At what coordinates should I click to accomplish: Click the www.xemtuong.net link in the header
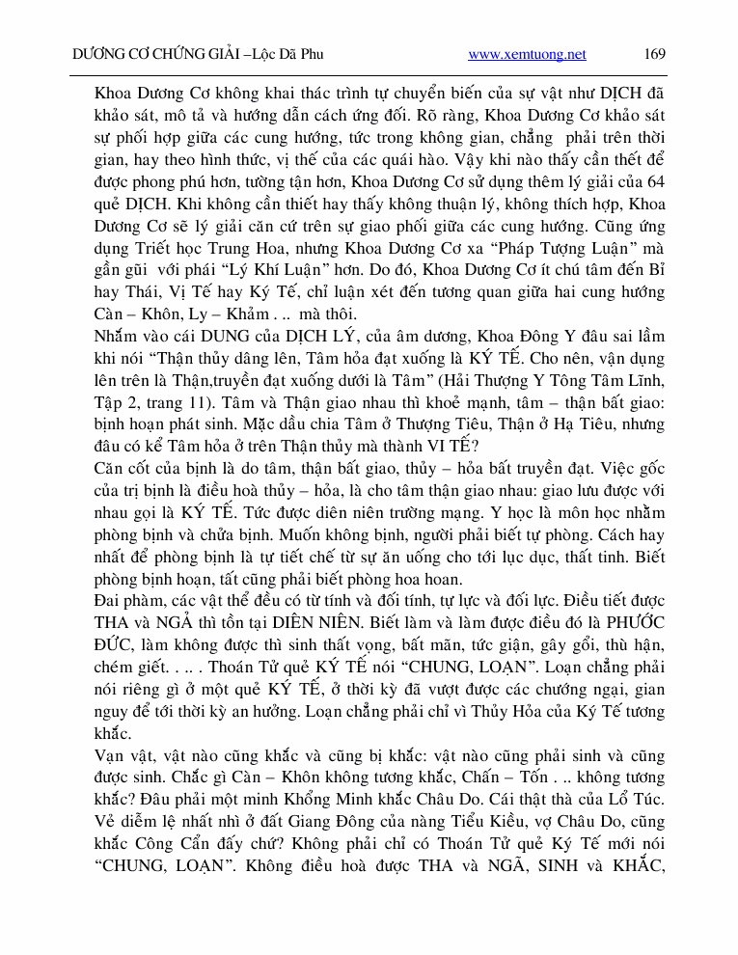527,55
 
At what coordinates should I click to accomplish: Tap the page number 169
654,55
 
